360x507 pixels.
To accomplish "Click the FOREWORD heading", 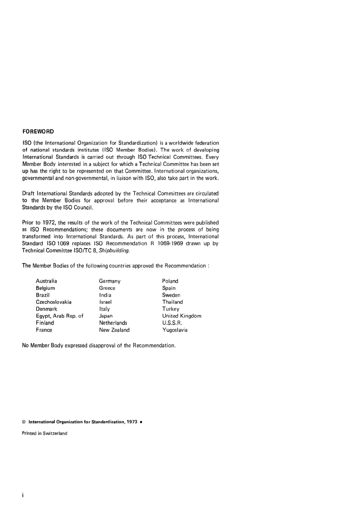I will click(x=38, y=131).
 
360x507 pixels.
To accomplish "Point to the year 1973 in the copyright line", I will click(x=132, y=422).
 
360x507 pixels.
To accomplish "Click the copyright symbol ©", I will click(x=24, y=422).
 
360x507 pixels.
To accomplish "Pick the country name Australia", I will click(x=47, y=281).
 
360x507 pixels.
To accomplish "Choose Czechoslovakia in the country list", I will click(x=53, y=302).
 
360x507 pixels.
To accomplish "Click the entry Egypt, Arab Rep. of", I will click(x=59, y=316).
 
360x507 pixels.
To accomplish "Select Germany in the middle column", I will click(x=110, y=281).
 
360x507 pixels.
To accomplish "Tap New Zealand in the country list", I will click(x=114, y=330).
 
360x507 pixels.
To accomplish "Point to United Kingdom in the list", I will click(x=182, y=316).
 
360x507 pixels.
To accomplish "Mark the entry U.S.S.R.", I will click(x=172, y=323).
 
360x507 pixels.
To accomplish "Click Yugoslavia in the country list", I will click(x=175, y=330).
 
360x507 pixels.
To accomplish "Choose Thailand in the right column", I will click(x=172, y=302).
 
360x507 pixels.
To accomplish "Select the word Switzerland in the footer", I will click(x=55, y=433).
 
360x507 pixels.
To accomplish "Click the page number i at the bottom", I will click(x=23, y=495).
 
